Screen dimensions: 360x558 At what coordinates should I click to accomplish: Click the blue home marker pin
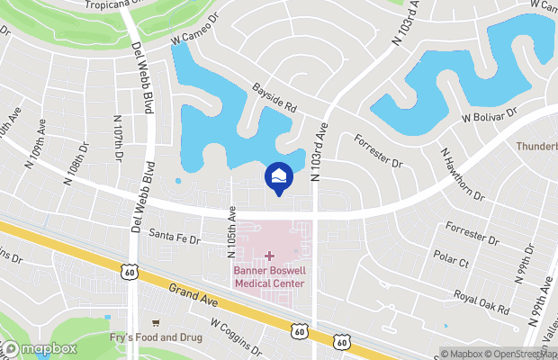tap(277, 175)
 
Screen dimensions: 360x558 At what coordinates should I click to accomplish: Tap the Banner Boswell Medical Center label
tap(269, 276)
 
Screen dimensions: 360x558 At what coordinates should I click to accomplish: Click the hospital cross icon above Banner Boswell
tap(269, 256)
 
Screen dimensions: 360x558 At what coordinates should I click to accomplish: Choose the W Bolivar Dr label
tap(490, 115)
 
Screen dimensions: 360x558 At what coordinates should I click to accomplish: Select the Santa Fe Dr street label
tap(173, 237)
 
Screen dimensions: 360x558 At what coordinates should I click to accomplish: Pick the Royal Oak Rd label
tap(481, 301)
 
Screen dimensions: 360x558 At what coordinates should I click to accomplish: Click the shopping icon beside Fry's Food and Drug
tap(157, 322)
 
